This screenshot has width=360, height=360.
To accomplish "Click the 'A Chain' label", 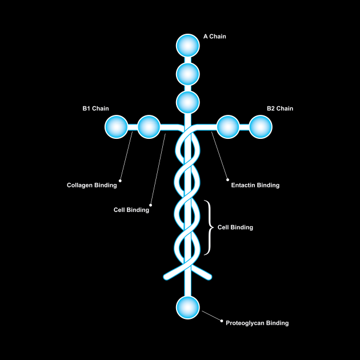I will point(215,37).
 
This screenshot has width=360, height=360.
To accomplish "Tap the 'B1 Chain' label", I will point(95,109).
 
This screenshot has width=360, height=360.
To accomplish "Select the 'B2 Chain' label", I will point(279,109).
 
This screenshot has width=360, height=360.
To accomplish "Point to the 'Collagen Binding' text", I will point(91,185).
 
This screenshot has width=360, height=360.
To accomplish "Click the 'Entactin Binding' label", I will point(255,185).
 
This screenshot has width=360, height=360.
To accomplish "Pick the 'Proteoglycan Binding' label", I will point(257,323).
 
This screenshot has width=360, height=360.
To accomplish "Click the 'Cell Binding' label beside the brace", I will point(235,227).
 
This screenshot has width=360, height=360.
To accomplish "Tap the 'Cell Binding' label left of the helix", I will point(131,210).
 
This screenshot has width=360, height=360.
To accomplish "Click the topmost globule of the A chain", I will point(187,46).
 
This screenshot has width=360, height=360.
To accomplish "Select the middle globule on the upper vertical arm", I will point(187,74).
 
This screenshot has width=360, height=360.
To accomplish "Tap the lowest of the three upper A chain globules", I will point(187,102).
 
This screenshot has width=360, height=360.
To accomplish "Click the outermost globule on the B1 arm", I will point(116,127).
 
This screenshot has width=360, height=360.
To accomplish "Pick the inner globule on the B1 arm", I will point(149,127).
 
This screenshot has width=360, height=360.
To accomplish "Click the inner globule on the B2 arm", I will point(227,127).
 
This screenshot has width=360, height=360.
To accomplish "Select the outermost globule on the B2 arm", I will point(260,127).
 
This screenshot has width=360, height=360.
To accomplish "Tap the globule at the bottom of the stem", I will point(187,307).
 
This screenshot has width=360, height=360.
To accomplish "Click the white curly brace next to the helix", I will point(209,227).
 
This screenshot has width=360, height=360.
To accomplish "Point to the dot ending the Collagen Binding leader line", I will point(119,180).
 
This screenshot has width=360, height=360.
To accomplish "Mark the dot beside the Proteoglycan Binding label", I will point(221,321).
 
